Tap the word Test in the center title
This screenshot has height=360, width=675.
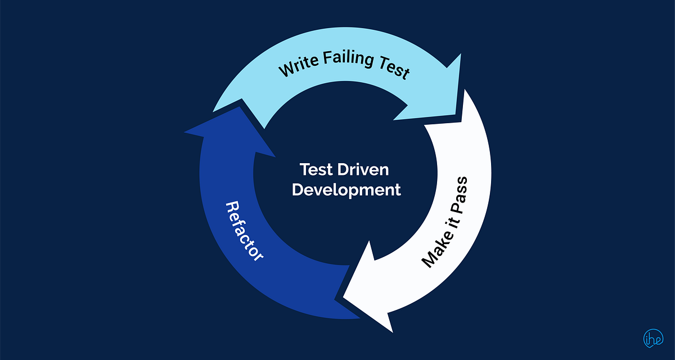(x=316, y=169)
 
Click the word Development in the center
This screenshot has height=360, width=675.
(x=346, y=190)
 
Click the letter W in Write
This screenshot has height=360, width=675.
(x=287, y=71)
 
